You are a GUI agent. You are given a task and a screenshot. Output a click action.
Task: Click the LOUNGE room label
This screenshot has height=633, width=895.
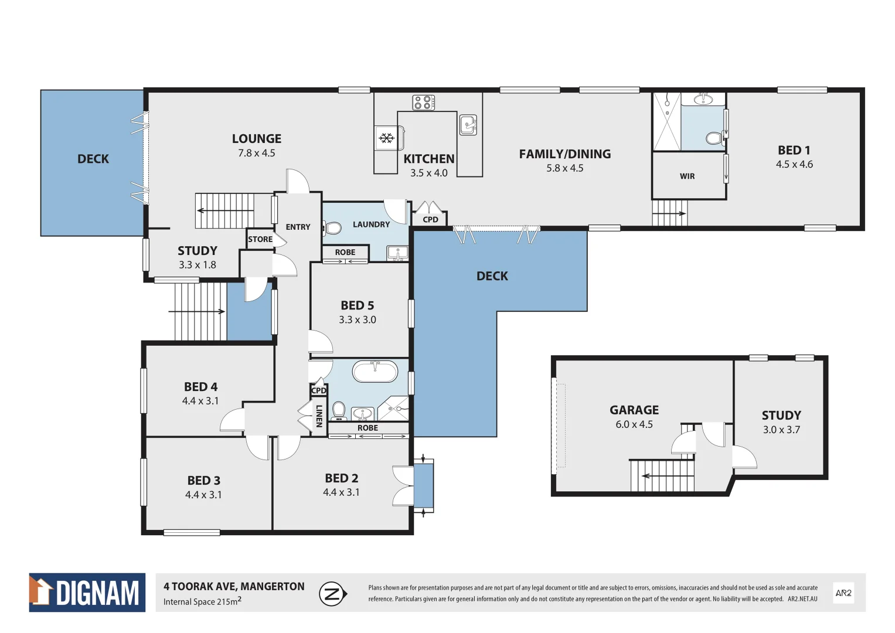[x=256, y=139]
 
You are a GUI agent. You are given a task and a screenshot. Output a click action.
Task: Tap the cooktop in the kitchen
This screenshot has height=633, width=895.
[x=423, y=103]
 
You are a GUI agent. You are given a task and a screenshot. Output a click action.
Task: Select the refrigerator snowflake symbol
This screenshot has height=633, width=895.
[x=386, y=138]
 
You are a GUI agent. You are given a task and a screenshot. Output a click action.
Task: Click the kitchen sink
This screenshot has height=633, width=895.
[x=468, y=124]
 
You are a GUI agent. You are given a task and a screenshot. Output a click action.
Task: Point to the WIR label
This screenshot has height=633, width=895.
[x=687, y=176]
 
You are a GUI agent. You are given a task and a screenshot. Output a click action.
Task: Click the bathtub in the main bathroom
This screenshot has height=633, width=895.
[x=375, y=372]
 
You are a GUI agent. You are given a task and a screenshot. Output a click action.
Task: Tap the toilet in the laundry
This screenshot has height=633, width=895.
[x=333, y=228]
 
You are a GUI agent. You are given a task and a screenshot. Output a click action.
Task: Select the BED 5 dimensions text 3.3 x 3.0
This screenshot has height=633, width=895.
[x=357, y=320]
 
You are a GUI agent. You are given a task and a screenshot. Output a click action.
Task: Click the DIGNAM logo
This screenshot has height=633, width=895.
[x=87, y=593]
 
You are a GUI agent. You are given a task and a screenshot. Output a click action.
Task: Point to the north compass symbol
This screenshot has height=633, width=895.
[x=332, y=594]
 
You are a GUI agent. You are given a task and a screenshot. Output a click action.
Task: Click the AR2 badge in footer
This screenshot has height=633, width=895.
[x=843, y=593]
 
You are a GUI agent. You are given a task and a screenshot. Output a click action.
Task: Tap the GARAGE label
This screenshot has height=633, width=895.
[x=634, y=410]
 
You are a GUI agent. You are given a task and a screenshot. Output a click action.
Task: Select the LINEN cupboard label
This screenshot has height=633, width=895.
[x=319, y=416]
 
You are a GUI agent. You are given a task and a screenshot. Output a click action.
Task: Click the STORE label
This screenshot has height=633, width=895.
[x=260, y=239]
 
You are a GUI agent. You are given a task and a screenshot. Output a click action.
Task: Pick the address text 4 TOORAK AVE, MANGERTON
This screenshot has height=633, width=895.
[x=234, y=586]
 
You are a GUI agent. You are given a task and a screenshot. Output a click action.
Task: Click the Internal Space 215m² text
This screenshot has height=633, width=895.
[x=202, y=602]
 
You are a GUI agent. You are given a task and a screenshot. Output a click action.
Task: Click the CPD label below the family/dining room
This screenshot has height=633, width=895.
[x=430, y=220]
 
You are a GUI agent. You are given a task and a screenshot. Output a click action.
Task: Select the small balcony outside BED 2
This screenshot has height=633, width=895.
[x=423, y=485]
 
